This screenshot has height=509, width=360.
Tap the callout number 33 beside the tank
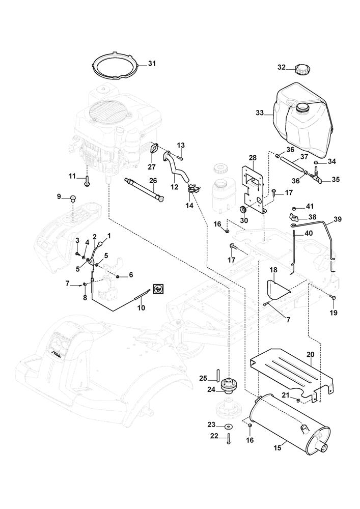point(260,112)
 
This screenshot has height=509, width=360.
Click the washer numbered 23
point(228,426)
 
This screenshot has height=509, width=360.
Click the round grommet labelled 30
point(243,210)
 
